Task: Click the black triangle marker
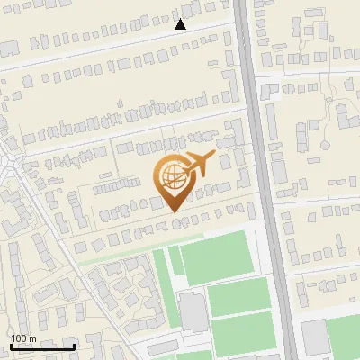[180, 24]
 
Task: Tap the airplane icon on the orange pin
[198, 163]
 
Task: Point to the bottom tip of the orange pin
[172, 211]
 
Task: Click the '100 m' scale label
[23, 338]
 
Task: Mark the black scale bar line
[41, 346]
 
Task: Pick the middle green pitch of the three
[238, 295]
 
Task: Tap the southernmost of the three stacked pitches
[243, 334]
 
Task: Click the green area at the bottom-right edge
[346, 337]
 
